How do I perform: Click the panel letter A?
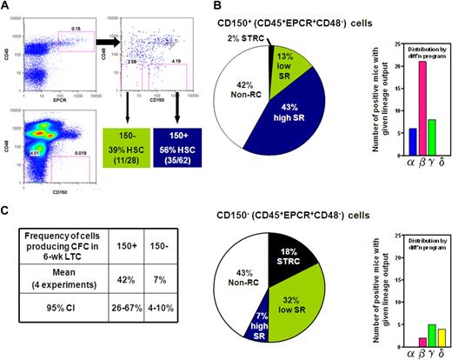pyautogui.click(x=6, y=7)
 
